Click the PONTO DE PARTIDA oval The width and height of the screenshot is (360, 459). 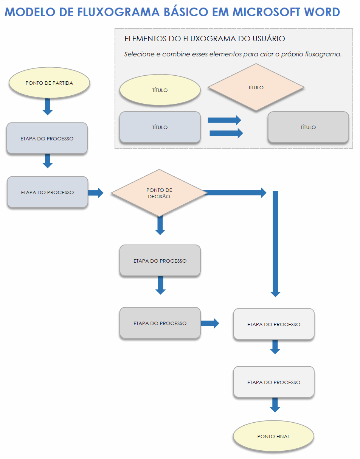coord(49,83)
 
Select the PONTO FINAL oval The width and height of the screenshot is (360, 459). coord(273,436)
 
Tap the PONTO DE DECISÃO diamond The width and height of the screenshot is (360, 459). coord(159,193)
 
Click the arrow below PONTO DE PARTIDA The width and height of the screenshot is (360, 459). coord(47,106)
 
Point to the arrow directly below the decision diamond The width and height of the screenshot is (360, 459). coord(160,226)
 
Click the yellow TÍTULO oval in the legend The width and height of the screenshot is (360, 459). coord(160,90)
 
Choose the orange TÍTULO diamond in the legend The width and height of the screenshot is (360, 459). coord(256,87)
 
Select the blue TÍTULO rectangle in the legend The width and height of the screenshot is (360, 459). coord(160,127)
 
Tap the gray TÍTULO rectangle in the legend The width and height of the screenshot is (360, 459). coord(308,127)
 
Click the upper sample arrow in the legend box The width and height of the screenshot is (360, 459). coord(224,120)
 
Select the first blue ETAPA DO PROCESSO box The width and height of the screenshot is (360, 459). coord(47,138)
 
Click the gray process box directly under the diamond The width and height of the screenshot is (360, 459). coord(160,261)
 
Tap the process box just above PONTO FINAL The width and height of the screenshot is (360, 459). coord(274,382)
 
